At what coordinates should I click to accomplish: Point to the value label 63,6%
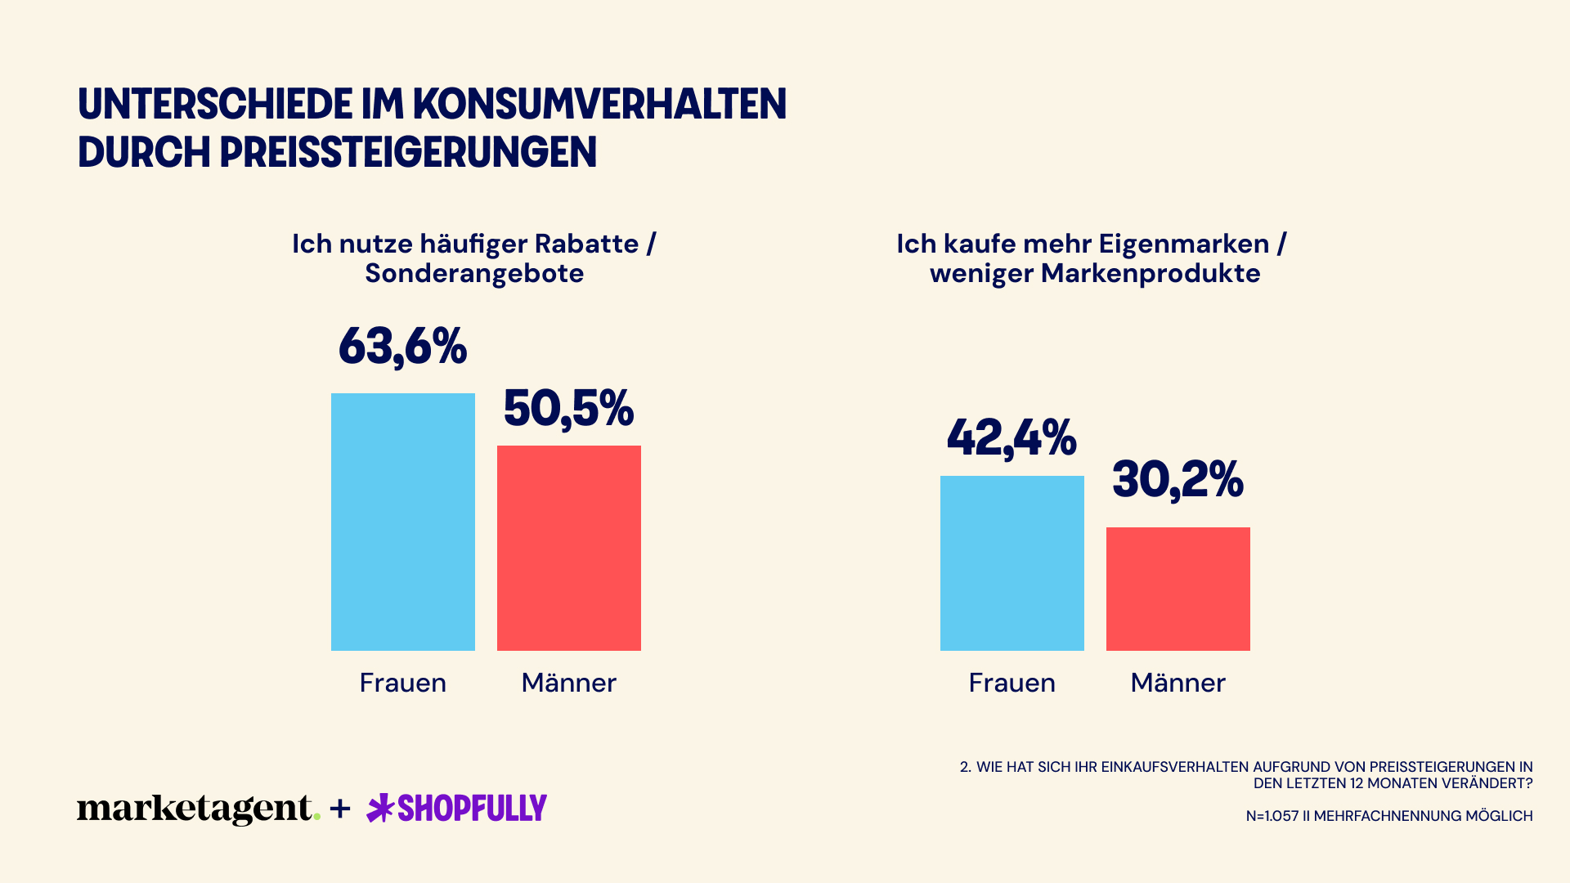402,346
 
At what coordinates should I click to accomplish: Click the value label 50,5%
568,408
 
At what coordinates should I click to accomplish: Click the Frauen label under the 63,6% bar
402,683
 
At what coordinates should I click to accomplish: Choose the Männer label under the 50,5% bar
568,683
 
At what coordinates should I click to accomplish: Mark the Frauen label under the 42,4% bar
1012,683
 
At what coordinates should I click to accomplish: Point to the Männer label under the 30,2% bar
1177,683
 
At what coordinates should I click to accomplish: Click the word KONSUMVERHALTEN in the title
599,105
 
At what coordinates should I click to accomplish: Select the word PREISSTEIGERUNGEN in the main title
408,153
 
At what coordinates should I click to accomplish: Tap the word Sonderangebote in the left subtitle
474,273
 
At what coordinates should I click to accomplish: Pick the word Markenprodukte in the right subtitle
1151,273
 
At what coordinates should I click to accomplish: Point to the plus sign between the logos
340,809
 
